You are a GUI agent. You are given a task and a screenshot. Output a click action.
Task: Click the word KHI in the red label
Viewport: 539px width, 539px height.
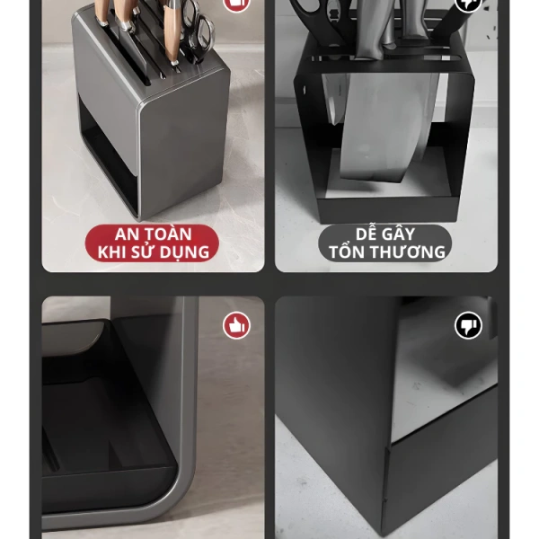pos(110,252)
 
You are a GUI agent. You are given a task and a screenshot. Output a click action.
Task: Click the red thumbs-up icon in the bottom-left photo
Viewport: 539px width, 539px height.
pos(236,325)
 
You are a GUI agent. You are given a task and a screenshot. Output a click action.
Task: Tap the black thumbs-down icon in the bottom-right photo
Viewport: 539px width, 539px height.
pos(468,325)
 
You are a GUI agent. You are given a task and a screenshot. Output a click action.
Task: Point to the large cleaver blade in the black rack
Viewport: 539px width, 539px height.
pos(388,128)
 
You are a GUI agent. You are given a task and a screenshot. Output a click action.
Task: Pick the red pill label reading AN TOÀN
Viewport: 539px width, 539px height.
pos(152,243)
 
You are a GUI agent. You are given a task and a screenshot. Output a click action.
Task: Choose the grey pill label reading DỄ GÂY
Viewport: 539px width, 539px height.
pos(385,243)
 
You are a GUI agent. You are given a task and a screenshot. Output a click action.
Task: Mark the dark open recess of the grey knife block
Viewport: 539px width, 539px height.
pos(109,155)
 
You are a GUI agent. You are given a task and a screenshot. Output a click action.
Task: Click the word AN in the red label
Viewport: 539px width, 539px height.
pos(128,234)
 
